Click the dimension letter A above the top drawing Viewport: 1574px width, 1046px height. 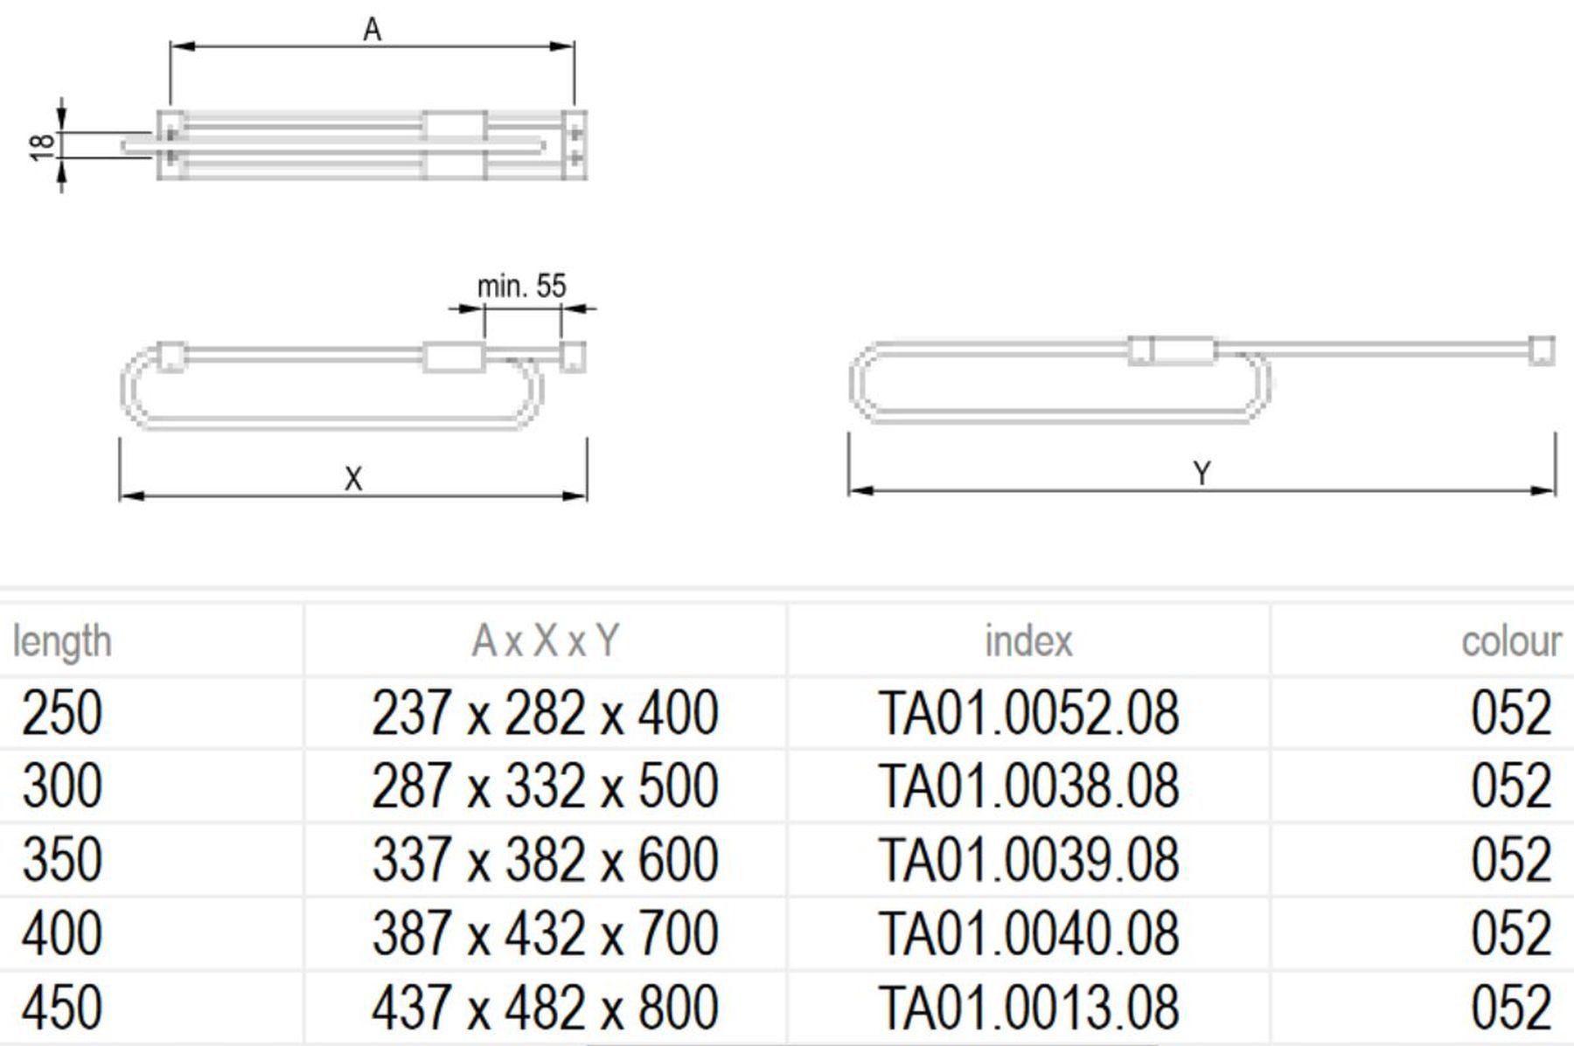(x=373, y=30)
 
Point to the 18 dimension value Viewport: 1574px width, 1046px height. (x=42, y=145)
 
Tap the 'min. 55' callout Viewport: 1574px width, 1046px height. (x=521, y=286)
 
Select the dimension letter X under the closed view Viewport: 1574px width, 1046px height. (x=353, y=479)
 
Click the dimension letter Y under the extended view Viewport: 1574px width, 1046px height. (x=1202, y=474)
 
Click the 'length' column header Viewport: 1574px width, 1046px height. (x=62, y=641)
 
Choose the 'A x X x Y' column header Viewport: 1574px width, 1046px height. (x=545, y=641)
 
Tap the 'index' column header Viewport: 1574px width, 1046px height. (x=1028, y=641)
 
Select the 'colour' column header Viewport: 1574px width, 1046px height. (x=1511, y=641)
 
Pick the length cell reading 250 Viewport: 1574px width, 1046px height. (x=62, y=713)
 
